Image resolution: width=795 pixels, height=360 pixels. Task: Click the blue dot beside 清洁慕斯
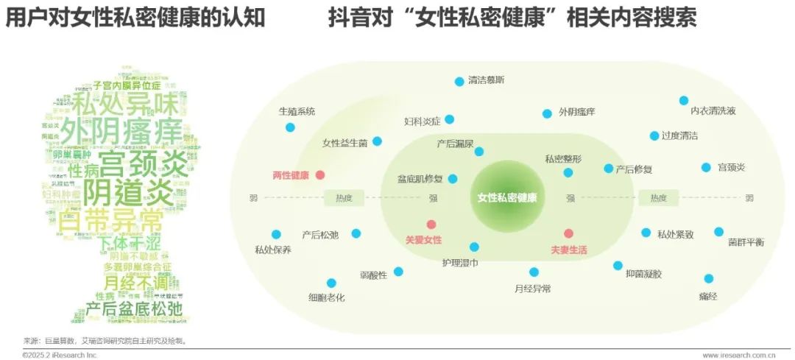point(459,81)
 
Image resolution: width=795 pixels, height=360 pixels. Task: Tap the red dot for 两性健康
point(320,175)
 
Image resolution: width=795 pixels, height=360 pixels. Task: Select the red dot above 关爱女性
point(431,225)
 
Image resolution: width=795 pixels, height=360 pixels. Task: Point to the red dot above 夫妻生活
point(568,233)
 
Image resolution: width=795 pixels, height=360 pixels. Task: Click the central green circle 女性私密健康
point(507,197)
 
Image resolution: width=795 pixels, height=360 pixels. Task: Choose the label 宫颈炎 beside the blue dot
point(732,168)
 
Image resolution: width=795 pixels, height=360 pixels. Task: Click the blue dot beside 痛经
point(708,278)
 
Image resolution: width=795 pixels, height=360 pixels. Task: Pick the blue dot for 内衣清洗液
point(684,100)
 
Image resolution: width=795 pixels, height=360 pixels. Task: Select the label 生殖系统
point(297,112)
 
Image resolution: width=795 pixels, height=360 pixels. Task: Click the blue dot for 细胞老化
point(331,283)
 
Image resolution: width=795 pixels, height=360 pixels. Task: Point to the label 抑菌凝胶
point(643,274)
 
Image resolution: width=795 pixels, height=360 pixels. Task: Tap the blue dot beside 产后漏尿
point(479,152)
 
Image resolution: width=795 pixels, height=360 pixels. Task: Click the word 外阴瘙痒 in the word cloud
point(121,133)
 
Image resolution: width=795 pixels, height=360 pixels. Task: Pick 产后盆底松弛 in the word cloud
point(134,308)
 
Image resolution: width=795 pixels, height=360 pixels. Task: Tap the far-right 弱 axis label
point(749,197)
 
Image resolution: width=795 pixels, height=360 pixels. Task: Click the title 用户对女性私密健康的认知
point(135,18)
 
